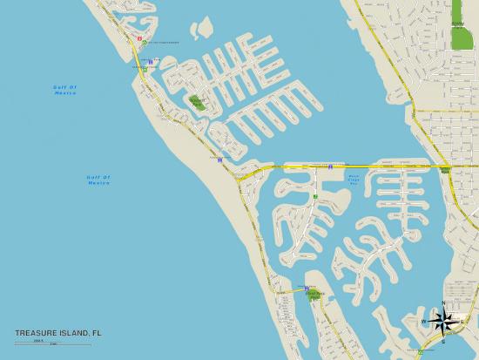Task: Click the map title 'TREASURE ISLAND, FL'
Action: [x=57, y=332]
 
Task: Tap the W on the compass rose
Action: [x=424, y=322]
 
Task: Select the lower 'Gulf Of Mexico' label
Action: [x=98, y=180]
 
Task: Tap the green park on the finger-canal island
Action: [x=197, y=102]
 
